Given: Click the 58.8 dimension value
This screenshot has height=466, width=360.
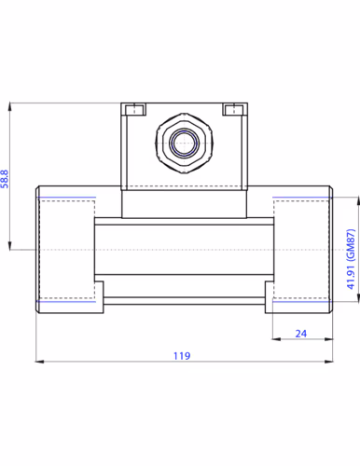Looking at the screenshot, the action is coord(5,179).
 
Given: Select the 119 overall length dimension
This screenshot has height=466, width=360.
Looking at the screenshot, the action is coord(182,356).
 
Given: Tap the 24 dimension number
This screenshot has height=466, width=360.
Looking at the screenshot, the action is coord(301,334).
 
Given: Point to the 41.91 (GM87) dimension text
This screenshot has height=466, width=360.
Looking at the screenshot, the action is coord(351,259).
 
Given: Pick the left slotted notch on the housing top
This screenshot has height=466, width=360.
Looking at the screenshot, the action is coord(135,109).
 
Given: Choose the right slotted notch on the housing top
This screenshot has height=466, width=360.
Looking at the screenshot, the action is coord(233,109).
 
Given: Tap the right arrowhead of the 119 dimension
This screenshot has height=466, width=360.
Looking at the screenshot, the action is coord(328,362).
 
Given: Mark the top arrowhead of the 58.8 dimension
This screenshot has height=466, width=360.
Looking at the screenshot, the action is coord(10,106).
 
